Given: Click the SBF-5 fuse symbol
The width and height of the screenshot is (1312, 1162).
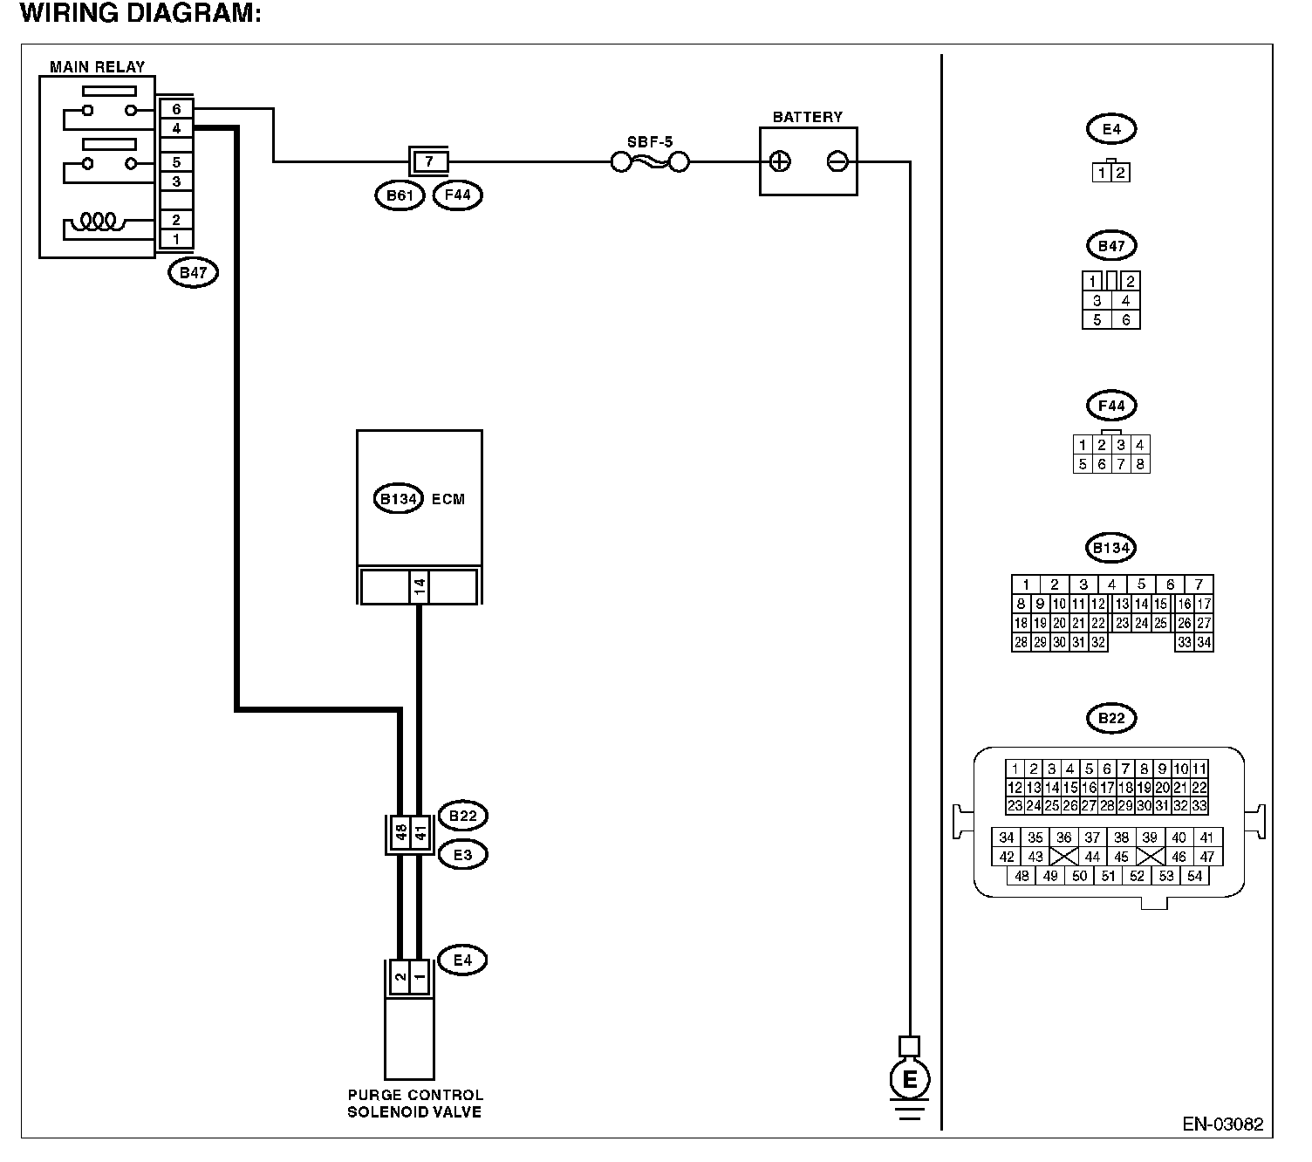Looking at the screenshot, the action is pos(650,162).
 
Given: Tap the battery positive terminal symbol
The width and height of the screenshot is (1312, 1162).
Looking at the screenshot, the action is pos(780,161).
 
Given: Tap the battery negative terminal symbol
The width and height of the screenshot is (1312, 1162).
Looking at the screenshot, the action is pos(837,161).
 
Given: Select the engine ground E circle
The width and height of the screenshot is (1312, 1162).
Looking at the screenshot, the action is pos(910,1080).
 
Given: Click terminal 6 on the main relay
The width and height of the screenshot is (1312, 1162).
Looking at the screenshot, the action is pos(176,109).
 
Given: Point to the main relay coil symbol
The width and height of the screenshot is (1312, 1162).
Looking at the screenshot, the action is pos(97,222).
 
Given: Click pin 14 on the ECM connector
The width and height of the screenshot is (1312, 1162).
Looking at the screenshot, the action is pos(419,587).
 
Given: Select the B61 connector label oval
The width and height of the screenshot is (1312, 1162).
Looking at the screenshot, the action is pos(400,195).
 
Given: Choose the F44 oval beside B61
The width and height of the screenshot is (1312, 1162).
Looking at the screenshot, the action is pos(457,195).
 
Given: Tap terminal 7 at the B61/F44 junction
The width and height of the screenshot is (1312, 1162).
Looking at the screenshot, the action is pos(428,161).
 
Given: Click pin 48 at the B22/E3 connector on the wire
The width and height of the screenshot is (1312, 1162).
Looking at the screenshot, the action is pos(401,831).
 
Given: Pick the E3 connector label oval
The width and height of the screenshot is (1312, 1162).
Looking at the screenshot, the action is pos(463,855).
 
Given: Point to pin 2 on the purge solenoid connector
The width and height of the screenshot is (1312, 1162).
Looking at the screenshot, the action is pos(400,977).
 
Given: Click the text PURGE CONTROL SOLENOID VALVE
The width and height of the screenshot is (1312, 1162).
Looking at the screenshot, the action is pos(414,1104).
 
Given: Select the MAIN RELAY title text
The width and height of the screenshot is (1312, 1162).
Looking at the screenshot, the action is pos(97,66).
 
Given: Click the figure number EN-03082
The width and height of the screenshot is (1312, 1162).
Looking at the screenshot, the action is pos(1223,1124).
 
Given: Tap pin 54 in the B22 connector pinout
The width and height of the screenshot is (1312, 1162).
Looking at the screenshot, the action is pos(1195,877).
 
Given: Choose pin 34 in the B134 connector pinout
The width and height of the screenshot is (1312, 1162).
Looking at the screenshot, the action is pos(1204,643).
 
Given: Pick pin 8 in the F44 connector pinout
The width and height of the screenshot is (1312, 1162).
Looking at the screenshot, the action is pos(1140,464).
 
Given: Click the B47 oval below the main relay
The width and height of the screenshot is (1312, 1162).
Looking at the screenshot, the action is pos(193,273).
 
